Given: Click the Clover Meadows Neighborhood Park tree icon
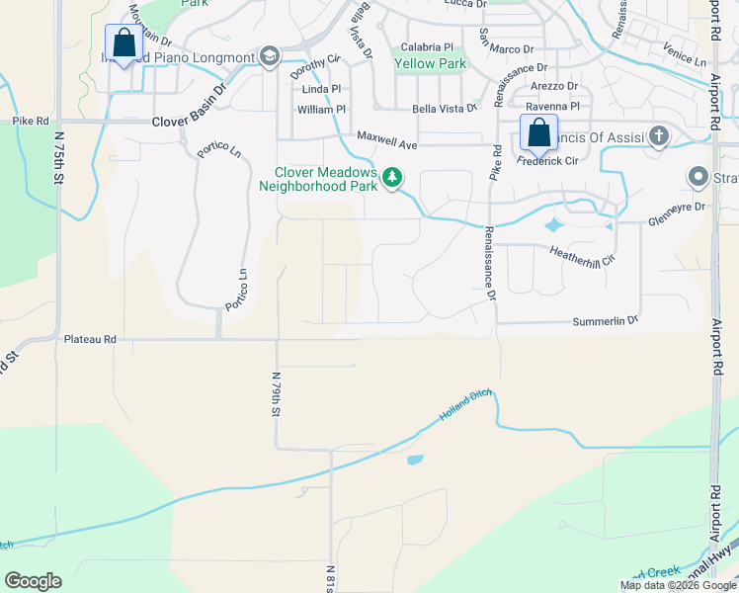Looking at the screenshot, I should (393, 177).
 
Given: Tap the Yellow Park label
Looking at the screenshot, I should (430, 64).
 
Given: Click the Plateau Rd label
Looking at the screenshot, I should (90, 339).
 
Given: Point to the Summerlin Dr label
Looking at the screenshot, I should (606, 321).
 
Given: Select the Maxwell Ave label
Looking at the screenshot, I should (388, 135).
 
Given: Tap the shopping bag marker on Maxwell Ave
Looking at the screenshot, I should (538, 132).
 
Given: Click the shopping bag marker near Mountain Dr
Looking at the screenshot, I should (123, 43).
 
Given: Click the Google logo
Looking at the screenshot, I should (33, 581).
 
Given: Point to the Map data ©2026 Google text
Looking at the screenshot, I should (677, 585).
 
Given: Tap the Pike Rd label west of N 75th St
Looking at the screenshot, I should (31, 121).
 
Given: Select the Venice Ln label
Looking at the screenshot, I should (685, 60).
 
